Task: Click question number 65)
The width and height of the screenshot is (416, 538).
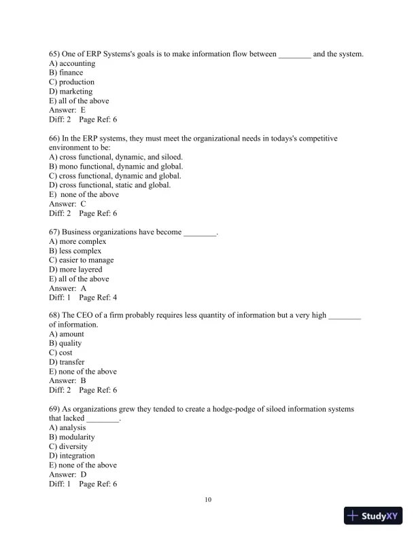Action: point(54,54)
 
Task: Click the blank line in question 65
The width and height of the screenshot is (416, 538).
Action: point(294,54)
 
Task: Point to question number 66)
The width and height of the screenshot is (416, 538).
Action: point(54,138)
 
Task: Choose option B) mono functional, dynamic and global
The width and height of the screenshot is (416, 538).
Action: point(116,166)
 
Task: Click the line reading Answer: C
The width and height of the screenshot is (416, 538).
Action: point(67,203)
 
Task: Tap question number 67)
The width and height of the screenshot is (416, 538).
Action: point(54,232)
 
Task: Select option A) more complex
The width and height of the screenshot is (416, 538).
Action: point(77,241)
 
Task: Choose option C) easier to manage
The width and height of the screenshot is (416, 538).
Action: point(82,259)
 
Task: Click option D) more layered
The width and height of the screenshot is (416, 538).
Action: point(75,269)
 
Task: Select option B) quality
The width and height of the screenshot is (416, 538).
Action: point(65,344)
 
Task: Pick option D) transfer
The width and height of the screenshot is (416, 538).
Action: point(67,362)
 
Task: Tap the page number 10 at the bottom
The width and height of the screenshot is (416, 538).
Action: point(208,500)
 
